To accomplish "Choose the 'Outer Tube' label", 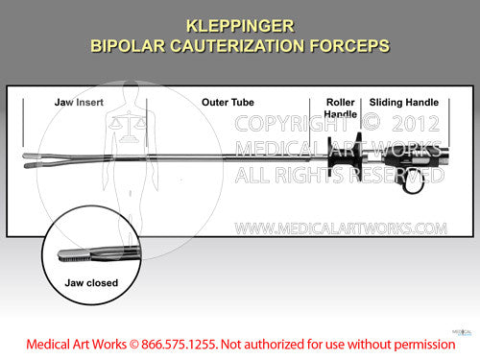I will pos(228,102).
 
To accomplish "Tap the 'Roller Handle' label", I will pos(340,108).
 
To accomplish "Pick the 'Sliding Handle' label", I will pos(404,102).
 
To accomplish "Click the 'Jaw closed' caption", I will pos(89,284).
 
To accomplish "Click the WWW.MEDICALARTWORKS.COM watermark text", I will pos(341,228).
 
